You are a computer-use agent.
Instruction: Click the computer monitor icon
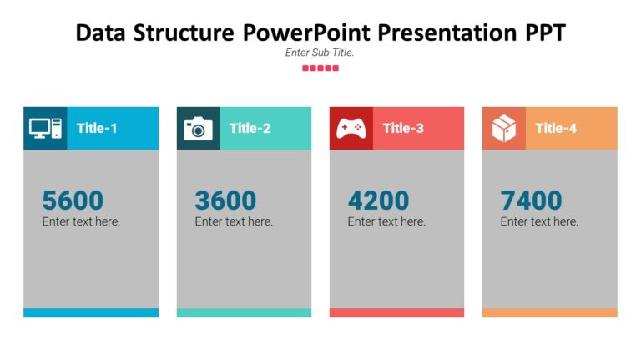click(45, 128)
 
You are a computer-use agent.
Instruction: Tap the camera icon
click(198, 128)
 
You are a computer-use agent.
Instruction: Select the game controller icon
click(351, 128)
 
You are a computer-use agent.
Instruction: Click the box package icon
click(503, 128)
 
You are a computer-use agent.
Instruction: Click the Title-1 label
click(97, 128)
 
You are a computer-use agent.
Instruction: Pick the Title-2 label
click(250, 128)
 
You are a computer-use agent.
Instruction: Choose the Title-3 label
click(403, 128)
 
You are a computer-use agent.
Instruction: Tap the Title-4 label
click(556, 128)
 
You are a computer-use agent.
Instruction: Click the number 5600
click(73, 201)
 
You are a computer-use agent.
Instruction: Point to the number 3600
click(225, 201)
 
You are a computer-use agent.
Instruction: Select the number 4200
click(378, 201)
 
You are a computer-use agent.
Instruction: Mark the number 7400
click(531, 201)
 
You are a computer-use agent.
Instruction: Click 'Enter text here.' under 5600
click(81, 221)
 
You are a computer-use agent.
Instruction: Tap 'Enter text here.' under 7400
click(539, 221)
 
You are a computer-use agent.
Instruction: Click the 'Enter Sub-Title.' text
click(320, 52)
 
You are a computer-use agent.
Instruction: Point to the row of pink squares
click(320, 68)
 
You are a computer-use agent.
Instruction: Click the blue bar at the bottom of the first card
click(91, 313)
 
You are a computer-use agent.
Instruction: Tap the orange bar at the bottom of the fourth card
click(549, 313)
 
